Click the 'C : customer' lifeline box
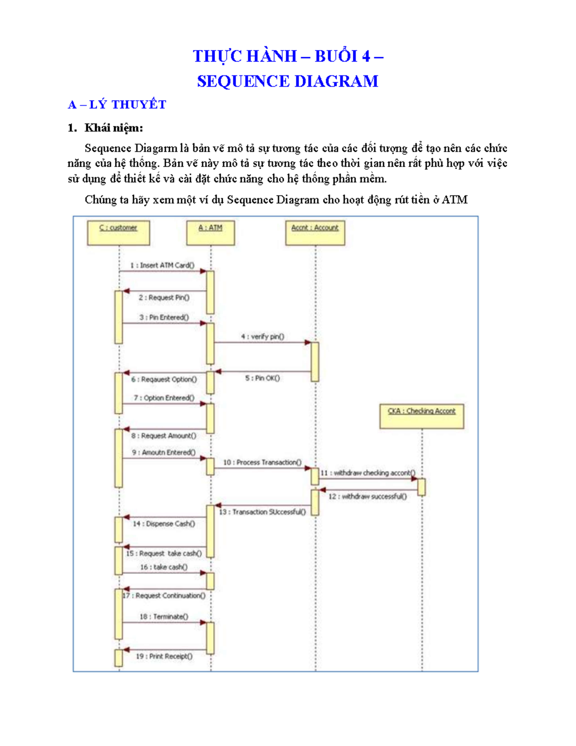(119, 233)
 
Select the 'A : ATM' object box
(211, 233)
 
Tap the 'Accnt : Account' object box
(315, 233)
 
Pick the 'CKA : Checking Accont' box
(421, 416)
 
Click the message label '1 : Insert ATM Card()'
(162, 265)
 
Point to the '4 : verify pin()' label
(263, 337)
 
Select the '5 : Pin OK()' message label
(263, 378)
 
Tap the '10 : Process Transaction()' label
(262, 462)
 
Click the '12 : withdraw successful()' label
(368, 496)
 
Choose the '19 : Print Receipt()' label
(164, 656)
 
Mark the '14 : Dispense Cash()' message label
(164, 524)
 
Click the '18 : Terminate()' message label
(164, 616)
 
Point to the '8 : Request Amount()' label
(164, 436)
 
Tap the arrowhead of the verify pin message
(308, 342)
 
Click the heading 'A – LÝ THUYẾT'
(117, 105)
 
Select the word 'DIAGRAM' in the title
(336, 81)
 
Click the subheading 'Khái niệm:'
(114, 128)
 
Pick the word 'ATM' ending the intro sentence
(455, 200)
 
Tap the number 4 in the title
(366, 56)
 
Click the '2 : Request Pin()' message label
(164, 298)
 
